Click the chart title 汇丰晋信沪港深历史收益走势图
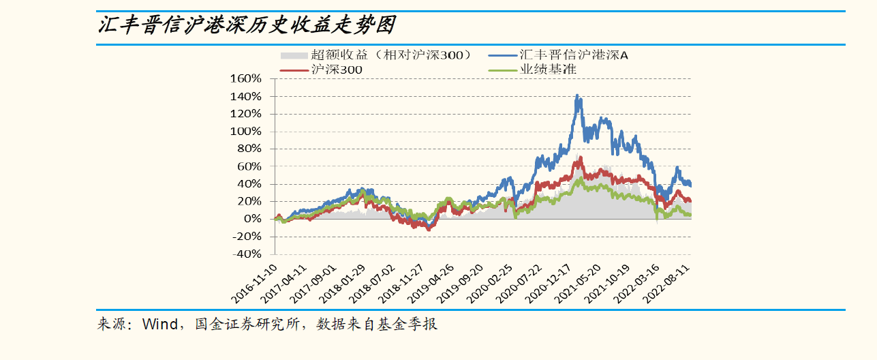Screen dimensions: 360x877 click(x=246, y=25)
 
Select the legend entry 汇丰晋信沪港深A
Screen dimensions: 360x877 click(x=573, y=55)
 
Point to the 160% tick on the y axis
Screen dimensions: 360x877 click(x=246, y=78)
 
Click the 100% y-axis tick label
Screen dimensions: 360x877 click(x=246, y=131)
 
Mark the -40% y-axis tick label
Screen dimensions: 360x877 click(x=246, y=254)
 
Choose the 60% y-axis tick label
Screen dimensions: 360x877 click(x=249, y=166)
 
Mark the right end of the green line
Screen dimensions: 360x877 click(x=690, y=215)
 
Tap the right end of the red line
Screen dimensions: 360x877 click(x=690, y=201)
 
